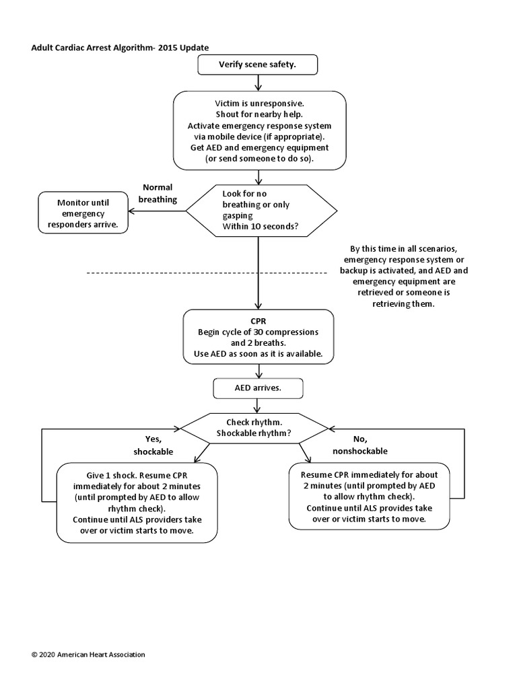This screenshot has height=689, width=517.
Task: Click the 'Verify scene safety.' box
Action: click(x=258, y=65)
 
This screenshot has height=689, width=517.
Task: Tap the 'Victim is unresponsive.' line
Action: click(x=259, y=104)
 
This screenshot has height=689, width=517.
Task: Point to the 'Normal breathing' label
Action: click(x=158, y=193)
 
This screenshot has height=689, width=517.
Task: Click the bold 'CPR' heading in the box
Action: click(x=258, y=322)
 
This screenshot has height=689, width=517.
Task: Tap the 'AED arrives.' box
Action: click(x=258, y=388)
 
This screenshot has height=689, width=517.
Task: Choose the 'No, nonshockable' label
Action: click(x=359, y=445)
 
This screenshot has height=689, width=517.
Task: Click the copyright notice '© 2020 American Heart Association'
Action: click(x=88, y=654)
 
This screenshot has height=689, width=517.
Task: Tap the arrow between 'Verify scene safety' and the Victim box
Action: click(x=258, y=83)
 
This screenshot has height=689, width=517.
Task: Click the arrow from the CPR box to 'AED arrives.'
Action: click(x=258, y=371)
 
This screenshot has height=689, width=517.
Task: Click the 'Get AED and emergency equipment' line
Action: click(x=259, y=147)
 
